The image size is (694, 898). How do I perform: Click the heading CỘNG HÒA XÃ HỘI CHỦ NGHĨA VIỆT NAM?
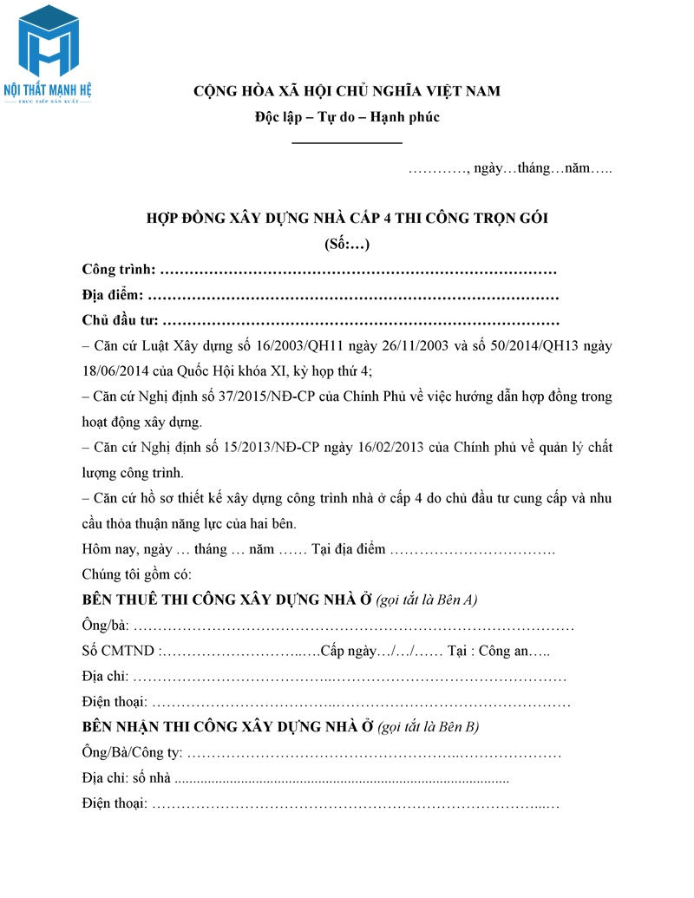[x=347, y=90]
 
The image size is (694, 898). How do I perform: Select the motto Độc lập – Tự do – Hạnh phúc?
[x=347, y=116]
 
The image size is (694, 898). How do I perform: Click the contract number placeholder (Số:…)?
[x=347, y=244]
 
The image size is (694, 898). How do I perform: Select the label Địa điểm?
[x=113, y=295]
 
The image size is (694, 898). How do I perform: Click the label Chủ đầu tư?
[x=120, y=320]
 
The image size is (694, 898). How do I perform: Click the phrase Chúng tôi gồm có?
[x=136, y=574]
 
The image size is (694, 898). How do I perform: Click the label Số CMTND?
[x=119, y=652]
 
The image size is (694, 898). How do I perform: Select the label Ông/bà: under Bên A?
[x=105, y=626]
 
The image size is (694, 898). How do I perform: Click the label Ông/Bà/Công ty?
[x=132, y=753]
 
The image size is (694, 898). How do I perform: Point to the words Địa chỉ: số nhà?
[x=127, y=778]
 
